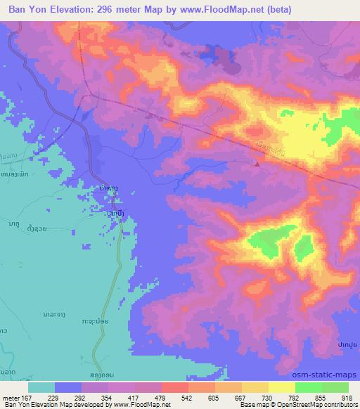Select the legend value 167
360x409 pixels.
coord(25,398)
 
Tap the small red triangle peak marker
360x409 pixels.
coord(257,164)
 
